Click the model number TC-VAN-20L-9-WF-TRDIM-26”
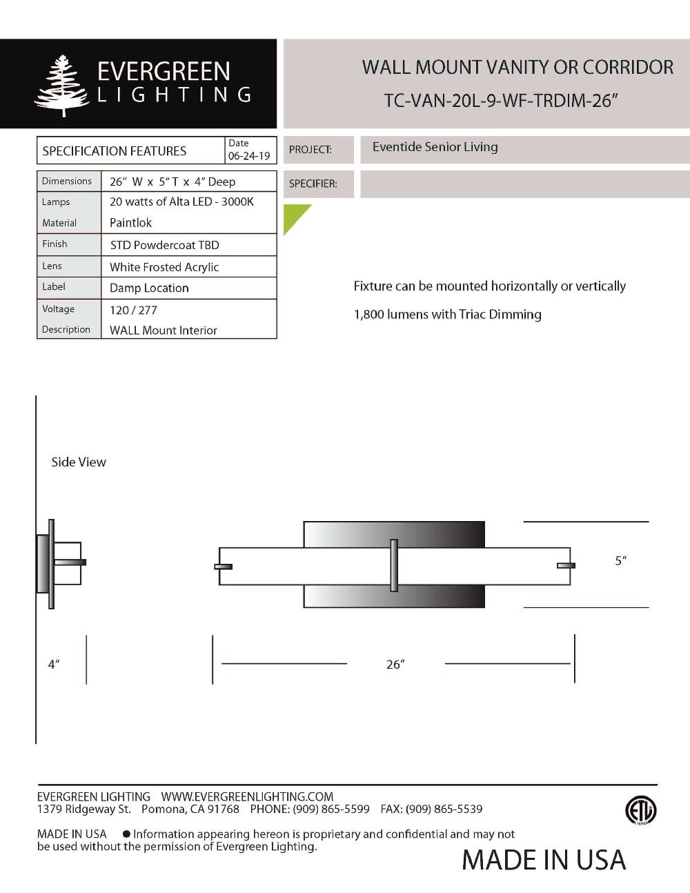[500, 101]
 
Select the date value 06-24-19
[249, 156]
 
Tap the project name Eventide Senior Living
[435, 147]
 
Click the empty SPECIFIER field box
[524, 184]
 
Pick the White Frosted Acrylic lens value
[164, 267]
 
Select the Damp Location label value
[149, 288]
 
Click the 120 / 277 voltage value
[133, 310]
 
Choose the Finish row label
[55, 244]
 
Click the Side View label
[79, 462]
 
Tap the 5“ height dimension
[621, 561]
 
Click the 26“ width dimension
[395, 664]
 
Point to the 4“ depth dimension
[54, 664]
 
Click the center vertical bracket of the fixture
[394, 565]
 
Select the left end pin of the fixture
[224, 567]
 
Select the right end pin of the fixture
[566, 566]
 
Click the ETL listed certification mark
[640, 809]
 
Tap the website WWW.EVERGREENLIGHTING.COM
[247, 796]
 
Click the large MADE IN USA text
[544, 860]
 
